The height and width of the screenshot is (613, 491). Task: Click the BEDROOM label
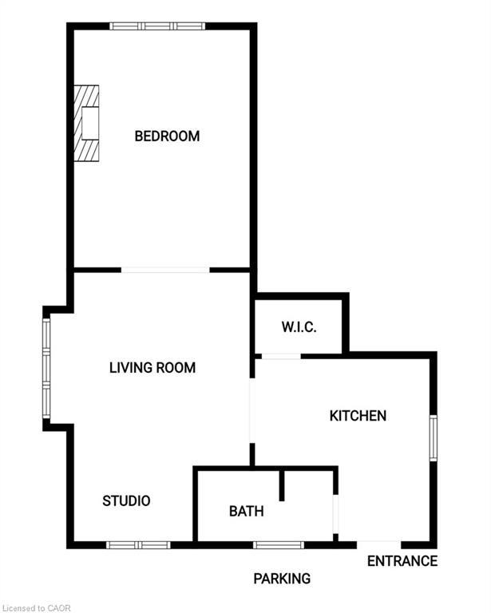click(167, 136)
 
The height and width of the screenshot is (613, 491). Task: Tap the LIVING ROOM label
click(152, 368)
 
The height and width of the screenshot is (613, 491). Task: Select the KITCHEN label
click(358, 416)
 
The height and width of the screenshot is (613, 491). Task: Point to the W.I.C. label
click(299, 327)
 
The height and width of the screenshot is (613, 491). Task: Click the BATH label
click(246, 512)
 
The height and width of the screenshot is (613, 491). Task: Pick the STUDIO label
click(126, 501)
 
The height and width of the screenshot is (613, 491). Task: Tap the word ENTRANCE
click(402, 561)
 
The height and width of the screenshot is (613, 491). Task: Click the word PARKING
click(282, 579)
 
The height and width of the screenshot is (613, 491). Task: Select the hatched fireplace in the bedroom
click(86, 124)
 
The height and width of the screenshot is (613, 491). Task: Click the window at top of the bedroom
click(157, 26)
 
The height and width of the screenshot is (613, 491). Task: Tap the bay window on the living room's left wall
click(46, 368)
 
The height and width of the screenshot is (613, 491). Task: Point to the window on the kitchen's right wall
click(434, 437)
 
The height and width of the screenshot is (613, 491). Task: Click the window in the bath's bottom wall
click(279, 545)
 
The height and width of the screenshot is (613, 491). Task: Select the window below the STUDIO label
click(139, 545)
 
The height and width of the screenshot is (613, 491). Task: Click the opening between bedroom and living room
click(166, 270)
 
